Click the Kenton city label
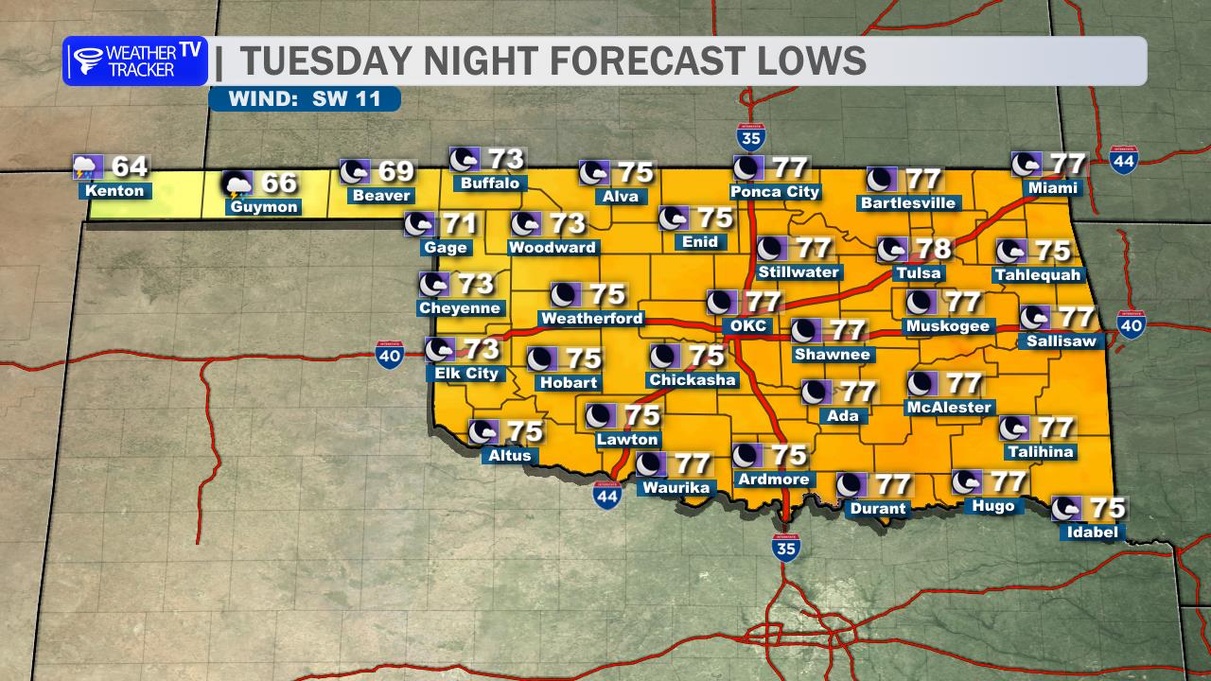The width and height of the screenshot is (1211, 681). click(114, 191)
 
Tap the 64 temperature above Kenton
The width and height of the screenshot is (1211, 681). click(130, 167)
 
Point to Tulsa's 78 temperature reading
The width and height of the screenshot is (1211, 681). click(932, 250)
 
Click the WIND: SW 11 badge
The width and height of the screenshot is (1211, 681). click(305, 98)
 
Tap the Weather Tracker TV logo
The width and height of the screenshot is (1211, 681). click(134, 61)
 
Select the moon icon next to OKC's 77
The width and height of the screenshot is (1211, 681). click(721, 303)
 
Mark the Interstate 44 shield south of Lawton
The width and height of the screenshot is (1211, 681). click(606, 496)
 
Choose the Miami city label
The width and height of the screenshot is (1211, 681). click(1053, 188)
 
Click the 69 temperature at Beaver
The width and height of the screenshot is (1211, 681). click(395, 172)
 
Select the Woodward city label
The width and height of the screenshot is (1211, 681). click(553, 248)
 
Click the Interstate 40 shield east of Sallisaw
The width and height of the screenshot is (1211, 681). click(1132, 325)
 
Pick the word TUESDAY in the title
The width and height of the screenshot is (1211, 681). click(325, 61)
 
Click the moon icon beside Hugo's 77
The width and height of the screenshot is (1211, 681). click(966, 482)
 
